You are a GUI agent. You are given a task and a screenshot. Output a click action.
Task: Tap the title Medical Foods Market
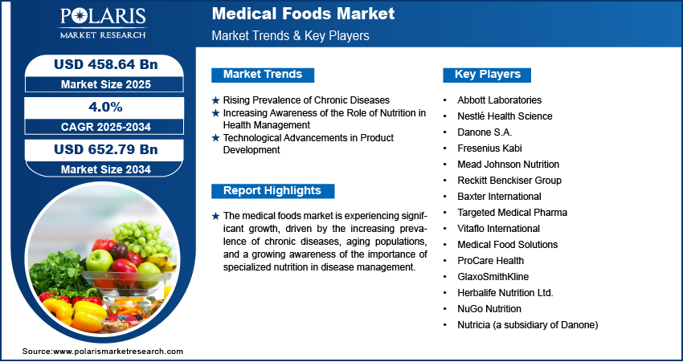point(303,14)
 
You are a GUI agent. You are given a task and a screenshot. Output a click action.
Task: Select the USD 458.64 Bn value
point(105,64)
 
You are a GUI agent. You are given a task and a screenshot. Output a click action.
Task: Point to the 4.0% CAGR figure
point(105,107)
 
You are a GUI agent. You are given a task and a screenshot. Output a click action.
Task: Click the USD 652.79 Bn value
point(105,149)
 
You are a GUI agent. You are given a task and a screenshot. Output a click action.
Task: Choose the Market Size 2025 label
point(105,84)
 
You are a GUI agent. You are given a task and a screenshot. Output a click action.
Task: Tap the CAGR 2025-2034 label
point(105,127)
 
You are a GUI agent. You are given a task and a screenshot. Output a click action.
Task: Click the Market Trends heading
point(263,75)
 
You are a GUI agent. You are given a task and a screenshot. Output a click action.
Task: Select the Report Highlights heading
point(272,190)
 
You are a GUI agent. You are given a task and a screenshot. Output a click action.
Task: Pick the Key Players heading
point(488,75)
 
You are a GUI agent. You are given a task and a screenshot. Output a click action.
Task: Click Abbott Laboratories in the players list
point(499,100)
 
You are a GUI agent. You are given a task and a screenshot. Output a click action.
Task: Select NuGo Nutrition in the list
point(489,309)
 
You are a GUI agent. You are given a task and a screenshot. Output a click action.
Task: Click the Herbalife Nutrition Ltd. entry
point(505,293)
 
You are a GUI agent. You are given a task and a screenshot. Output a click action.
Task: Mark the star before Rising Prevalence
point(215,100)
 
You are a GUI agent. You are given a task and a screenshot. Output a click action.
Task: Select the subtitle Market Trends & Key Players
point(291,35)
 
